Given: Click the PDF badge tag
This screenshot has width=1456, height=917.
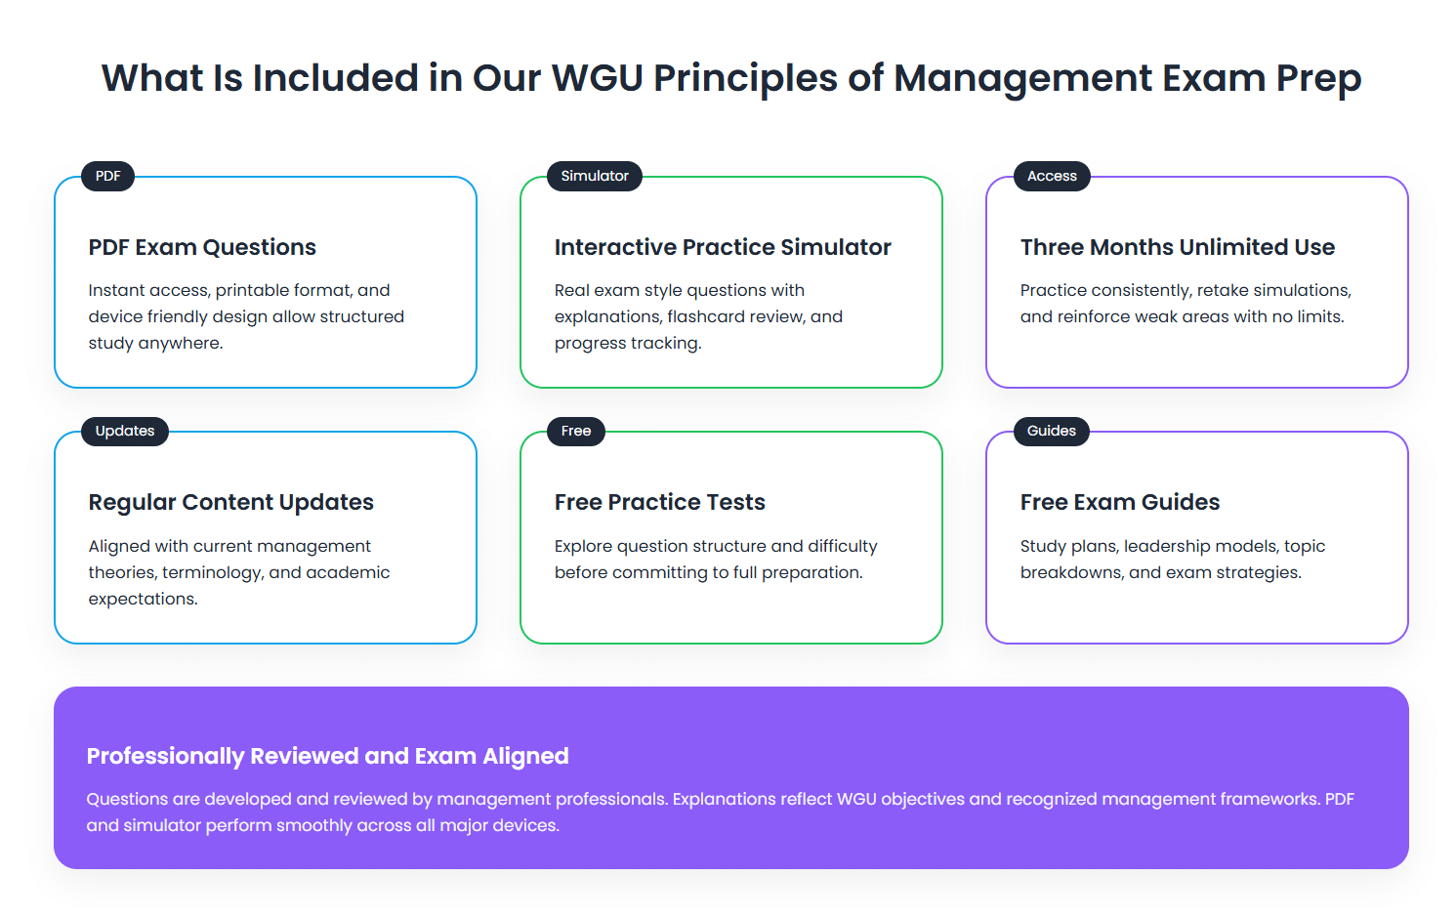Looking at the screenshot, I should [x=107, y=177].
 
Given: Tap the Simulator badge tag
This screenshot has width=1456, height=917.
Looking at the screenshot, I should [x=595, y=177].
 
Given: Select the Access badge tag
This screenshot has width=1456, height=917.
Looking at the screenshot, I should [x=1052, y=177].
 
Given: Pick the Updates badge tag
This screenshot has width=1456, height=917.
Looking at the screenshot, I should [x=125, y=432].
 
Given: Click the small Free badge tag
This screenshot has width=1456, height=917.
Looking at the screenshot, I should [x=576, y=432].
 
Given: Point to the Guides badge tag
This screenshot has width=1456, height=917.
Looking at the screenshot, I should [x=1051, y=432].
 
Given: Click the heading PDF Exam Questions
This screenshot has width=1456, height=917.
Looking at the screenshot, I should [x=202, y=248].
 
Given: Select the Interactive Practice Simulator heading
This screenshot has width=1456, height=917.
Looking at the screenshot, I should [x=723, y=248].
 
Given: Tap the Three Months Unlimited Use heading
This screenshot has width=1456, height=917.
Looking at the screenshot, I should [x=1177, y=248].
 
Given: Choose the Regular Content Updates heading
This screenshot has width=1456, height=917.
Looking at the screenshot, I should [x=230, y=503].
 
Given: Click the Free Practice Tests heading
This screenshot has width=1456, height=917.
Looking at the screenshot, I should [x=659, y=503].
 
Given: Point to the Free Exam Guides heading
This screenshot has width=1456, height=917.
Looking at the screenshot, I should [x=1119, y=503].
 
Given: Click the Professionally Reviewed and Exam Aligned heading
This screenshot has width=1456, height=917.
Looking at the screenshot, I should [x=327, y=757].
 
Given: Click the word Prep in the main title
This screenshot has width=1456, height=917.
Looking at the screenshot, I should [x=1318, y=79].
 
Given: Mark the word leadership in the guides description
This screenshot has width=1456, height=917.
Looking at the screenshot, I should [x=1166, y=547].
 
